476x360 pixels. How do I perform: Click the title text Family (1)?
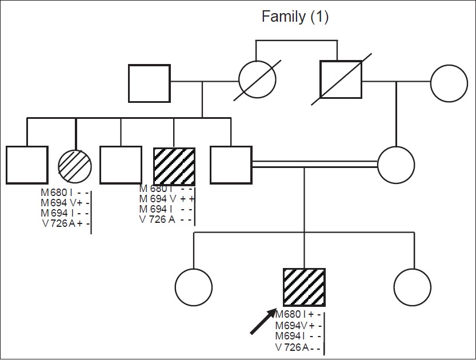(x=295, y=17)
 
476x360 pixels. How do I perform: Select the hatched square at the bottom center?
(x=304, y=287)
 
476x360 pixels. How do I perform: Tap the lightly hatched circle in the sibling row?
(x=75, y=165)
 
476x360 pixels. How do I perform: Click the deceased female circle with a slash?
(x=257, y=82)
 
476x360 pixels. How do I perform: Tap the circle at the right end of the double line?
(x=396, y=165)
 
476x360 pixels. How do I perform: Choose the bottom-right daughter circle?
(x=413, y=287)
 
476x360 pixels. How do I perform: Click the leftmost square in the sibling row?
(x=26, y=166)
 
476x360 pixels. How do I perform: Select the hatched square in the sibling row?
(x=174, y=166)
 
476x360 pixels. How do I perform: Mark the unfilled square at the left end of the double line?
(x=231, y=166)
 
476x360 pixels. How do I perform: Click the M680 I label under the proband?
(x=290, y=315)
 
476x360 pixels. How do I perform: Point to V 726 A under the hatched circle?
(x=58, y=223)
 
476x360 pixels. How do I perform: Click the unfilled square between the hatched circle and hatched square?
(x=121, y=166)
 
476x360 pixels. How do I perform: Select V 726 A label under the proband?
(x=292, y=347)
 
